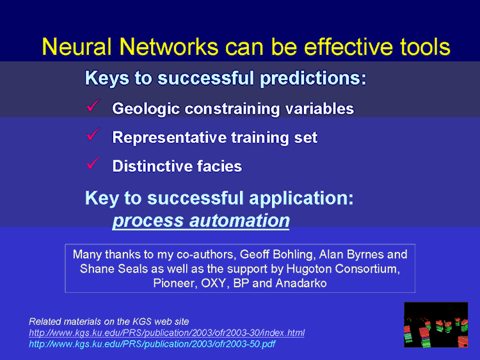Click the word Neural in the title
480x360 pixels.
[x=77, y=47]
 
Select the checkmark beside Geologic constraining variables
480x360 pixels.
[x=93, y=106]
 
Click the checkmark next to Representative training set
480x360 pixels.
[x=93, y=134]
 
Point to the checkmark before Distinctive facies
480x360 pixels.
[x=93, y=163]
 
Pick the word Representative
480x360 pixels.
[x=170, y=137]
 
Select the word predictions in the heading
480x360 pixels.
[x=313, y=78]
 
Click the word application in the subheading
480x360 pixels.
[x=301, y=198]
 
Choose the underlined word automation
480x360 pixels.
[x=239, y=221]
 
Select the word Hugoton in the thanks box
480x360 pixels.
[x=309, y=269]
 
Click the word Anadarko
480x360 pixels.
[x=301, y=283]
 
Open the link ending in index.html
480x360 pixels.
[x=166, y=333]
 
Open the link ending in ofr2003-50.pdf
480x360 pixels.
[x=152, y=344]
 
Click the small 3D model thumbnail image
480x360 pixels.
[x=436, y=325]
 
